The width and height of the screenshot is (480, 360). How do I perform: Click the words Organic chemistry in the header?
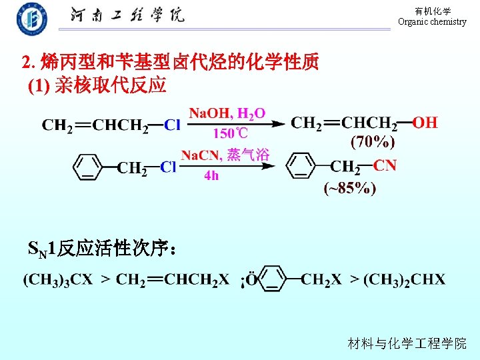pos(432,22)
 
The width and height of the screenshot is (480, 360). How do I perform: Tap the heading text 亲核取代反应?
pos(110,85)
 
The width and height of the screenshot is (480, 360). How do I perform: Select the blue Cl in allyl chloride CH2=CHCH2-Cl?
pos(172,125)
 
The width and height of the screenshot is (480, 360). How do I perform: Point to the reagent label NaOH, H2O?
pos(227,113)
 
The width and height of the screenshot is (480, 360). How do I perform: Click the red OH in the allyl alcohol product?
pos(425,123)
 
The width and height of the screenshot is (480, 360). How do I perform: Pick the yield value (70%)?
pos(373,141)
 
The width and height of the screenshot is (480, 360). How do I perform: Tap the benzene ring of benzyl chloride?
pos(87,167)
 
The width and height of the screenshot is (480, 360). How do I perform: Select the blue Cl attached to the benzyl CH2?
pos(168,167)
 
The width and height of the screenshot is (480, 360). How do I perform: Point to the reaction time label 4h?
pos(211,176)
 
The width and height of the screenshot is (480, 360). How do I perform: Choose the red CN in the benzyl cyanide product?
pos(385,165)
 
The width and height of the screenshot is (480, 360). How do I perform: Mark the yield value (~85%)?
pos(349,189)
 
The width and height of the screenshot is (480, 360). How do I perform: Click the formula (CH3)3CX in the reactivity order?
pos(58,279)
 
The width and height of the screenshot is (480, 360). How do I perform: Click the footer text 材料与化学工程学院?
pos(407,343)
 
